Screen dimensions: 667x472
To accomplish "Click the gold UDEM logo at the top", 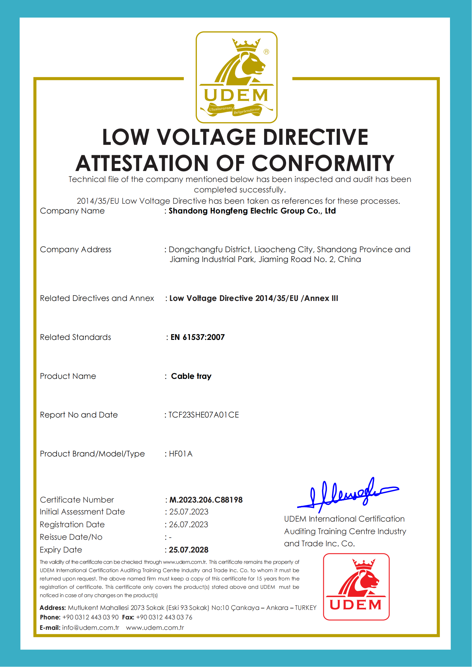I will pos(236,77).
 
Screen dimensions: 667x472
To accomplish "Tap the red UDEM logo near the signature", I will pos(356,586).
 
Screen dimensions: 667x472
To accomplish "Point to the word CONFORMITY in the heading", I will pos(323,164).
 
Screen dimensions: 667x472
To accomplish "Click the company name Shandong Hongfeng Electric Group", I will pos(252,211).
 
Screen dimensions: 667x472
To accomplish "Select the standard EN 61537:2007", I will pos(197,337).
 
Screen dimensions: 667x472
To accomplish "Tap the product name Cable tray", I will pos(191,376).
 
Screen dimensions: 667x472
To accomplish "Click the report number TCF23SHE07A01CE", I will pos(204,415).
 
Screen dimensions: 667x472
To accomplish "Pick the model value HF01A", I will pos(181,454).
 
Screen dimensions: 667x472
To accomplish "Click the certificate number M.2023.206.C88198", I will pos(206,500).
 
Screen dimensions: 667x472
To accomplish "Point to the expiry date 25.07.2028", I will pos(189,550).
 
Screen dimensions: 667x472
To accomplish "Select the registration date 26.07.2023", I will pos(189,525).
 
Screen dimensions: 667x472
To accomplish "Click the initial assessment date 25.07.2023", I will pos(189,512).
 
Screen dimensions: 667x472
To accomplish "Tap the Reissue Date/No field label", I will pos(71,537).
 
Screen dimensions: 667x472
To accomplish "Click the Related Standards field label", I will pos(76,337).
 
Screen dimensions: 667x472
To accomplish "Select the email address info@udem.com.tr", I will pos(90,628).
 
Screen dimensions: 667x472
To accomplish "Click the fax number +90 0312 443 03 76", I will pos(164,617).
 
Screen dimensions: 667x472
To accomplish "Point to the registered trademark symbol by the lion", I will pos(266,52).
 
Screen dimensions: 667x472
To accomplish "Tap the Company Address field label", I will pos(76,249).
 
